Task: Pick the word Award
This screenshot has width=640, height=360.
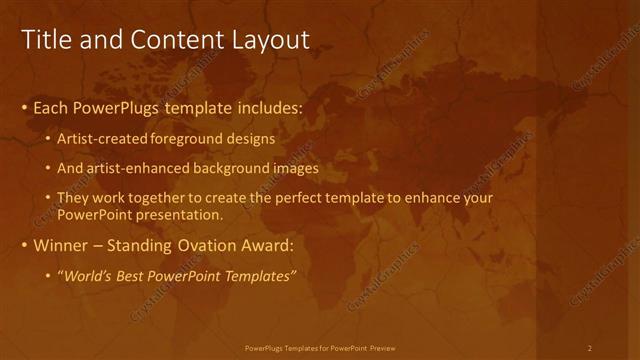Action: [263, 245]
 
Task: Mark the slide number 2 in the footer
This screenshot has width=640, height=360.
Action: [590, 348]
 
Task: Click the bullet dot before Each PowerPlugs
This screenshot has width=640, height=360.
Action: [25, 107]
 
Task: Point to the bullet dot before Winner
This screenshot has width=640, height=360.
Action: [25, 246]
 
